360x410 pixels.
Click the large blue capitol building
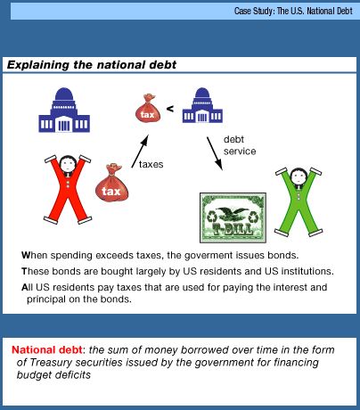(x=64, y=110)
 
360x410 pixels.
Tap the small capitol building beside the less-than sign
(x=202, y=105)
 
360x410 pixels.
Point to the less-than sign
(x=170, y=109)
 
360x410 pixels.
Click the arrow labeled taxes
(x=140, y=152)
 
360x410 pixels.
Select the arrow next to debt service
(x=215, y=153)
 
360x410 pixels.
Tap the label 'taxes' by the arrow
(x=151, y=164)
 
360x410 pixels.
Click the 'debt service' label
(x=240, y=145)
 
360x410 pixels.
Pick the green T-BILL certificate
(x=233, y=217)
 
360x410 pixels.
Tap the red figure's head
(x=68, y=164)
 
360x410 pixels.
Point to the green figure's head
(x=298, y=177)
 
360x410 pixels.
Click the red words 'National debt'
(x=47, y=349)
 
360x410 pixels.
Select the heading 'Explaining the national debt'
(x=92, y=65)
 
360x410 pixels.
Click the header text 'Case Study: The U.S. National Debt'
(x=293, y=12)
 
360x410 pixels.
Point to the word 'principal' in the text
(x=46, y=299)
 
